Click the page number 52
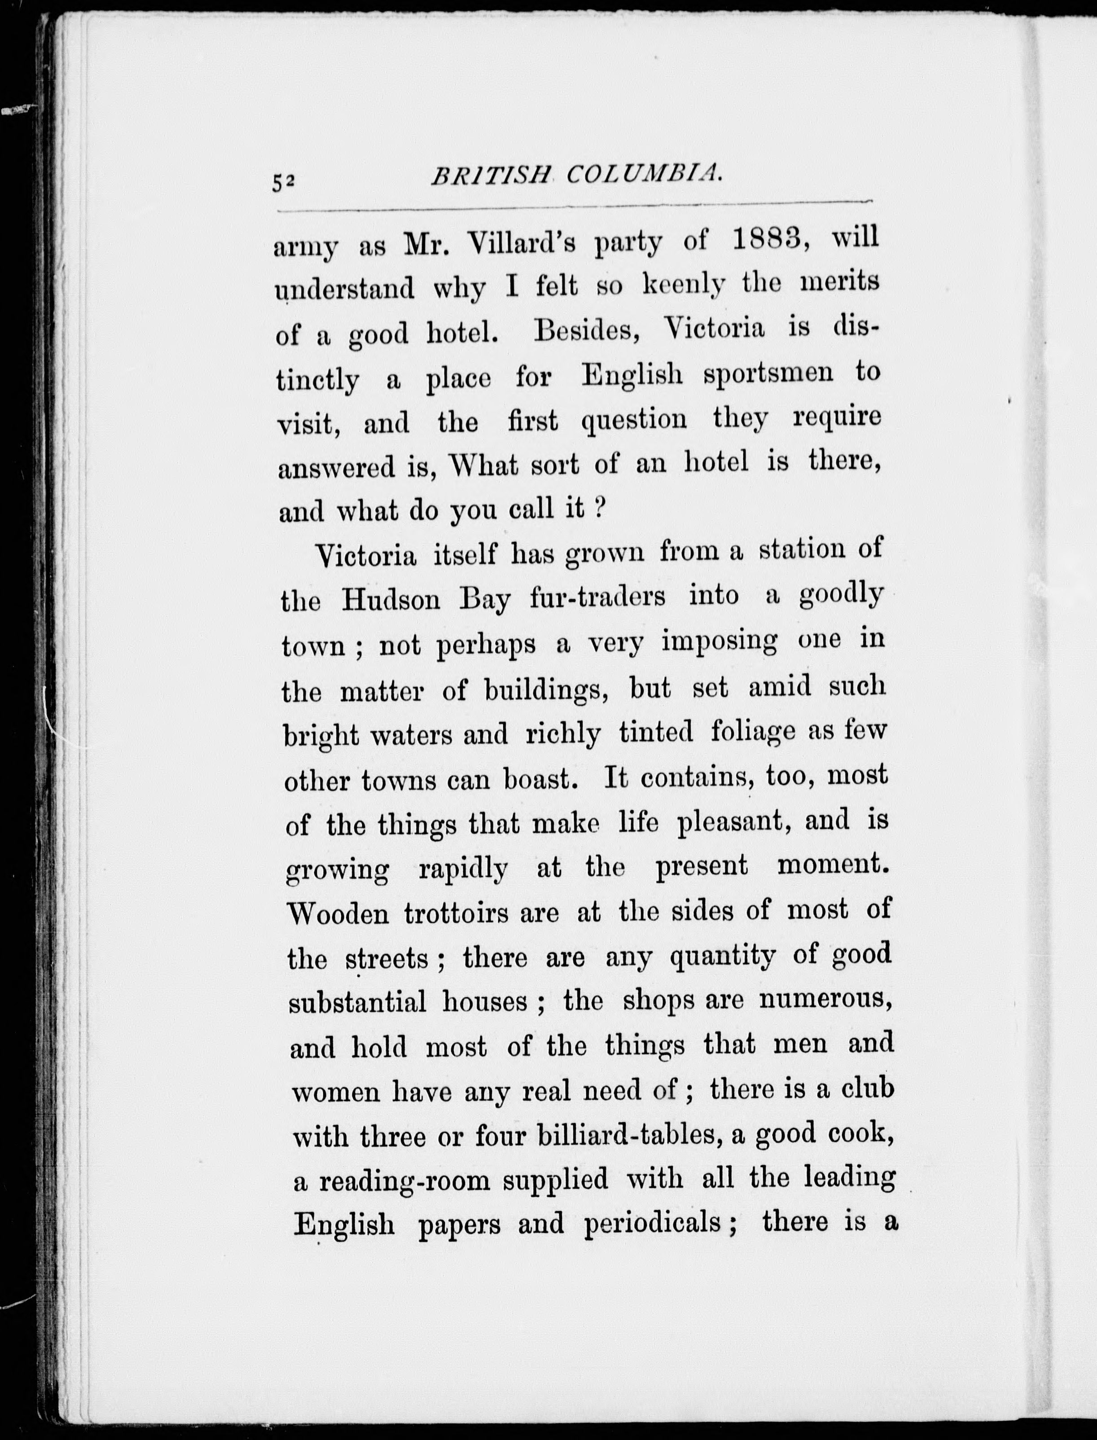click(285, 184)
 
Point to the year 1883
click(772, 240)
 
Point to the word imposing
click(720, 642)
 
